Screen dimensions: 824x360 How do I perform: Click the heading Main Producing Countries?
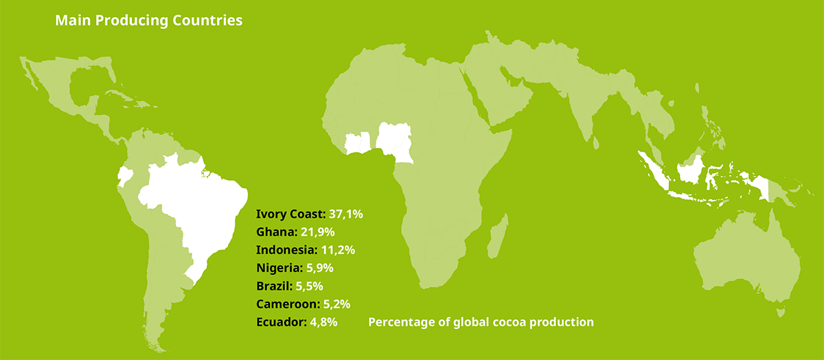(148, 21)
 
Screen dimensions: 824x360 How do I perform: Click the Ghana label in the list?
(275, 232)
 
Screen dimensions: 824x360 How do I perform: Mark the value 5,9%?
(321, 268)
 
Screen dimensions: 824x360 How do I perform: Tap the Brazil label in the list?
(274, 286)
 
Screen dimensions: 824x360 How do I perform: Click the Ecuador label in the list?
(280, 322)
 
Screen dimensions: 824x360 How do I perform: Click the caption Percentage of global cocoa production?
(481, 322)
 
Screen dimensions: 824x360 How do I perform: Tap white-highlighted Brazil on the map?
(199, 206)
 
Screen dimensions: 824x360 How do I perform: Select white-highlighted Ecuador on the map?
(124, 176)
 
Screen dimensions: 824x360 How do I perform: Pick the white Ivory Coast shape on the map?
(358, 143)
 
